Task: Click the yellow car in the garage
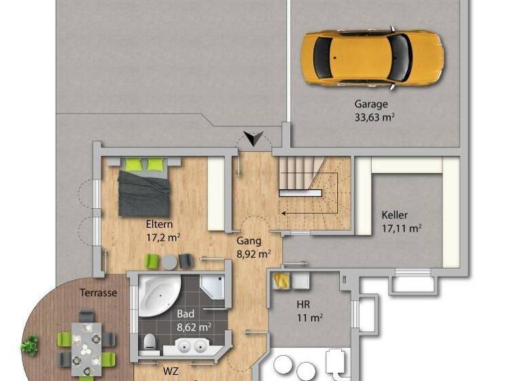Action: pyautogui.click(x=372, y=58)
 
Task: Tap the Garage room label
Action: pyautogui.click(x=371, y=105)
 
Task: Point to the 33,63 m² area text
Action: pyautogui.click(x=375, y=117)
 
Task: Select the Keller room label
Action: pyautogui.click(x=395, y=215)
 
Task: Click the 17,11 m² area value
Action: pyautogui.click(x=401, y=228)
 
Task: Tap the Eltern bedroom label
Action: pyautogui.click(x=159, y=225)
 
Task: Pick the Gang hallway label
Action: pyautogui.click(x=248, y=241)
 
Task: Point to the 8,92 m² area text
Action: pyautogui.click(x=254, y=254)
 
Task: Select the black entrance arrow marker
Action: pyautogui.click(x=254, y=139)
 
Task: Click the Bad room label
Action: pyautogui.click(x=186, y=314)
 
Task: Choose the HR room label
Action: pyautogui.click(x=303, y=304)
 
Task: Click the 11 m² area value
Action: pyautogui.click(x=309, y=317)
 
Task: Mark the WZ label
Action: pyautogui.click(x=170, y=372)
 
